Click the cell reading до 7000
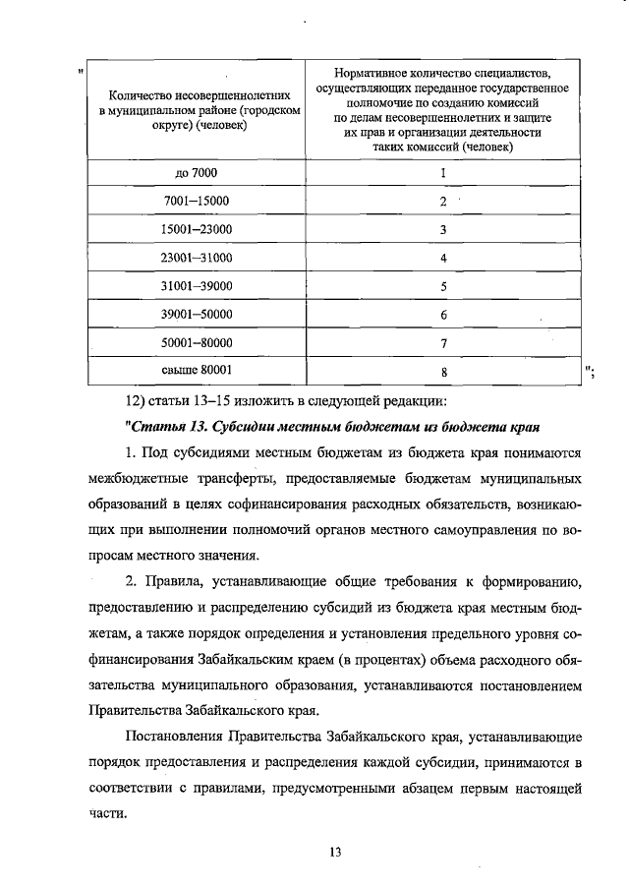pyautogui.click(x=196, y=173)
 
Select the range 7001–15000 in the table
pyautogui.click(x=196, y=201)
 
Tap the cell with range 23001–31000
pyautogui.click(x=196, y=258)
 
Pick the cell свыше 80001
pyautogui.click(x=196, y=371)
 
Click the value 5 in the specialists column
pyautogui.click(x=443, y=286)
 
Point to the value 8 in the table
pyautogui.click(x=443, y=372)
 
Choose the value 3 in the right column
pyautogui.click(x=443, y=229)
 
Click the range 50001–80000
pyautogui.click(x=196, y=342)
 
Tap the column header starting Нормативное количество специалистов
pyautogui.click(x=443, y=109)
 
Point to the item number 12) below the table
pyautogui.click(x=137, y=400)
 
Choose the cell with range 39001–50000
pyautogui.click(x=196, y=315)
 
